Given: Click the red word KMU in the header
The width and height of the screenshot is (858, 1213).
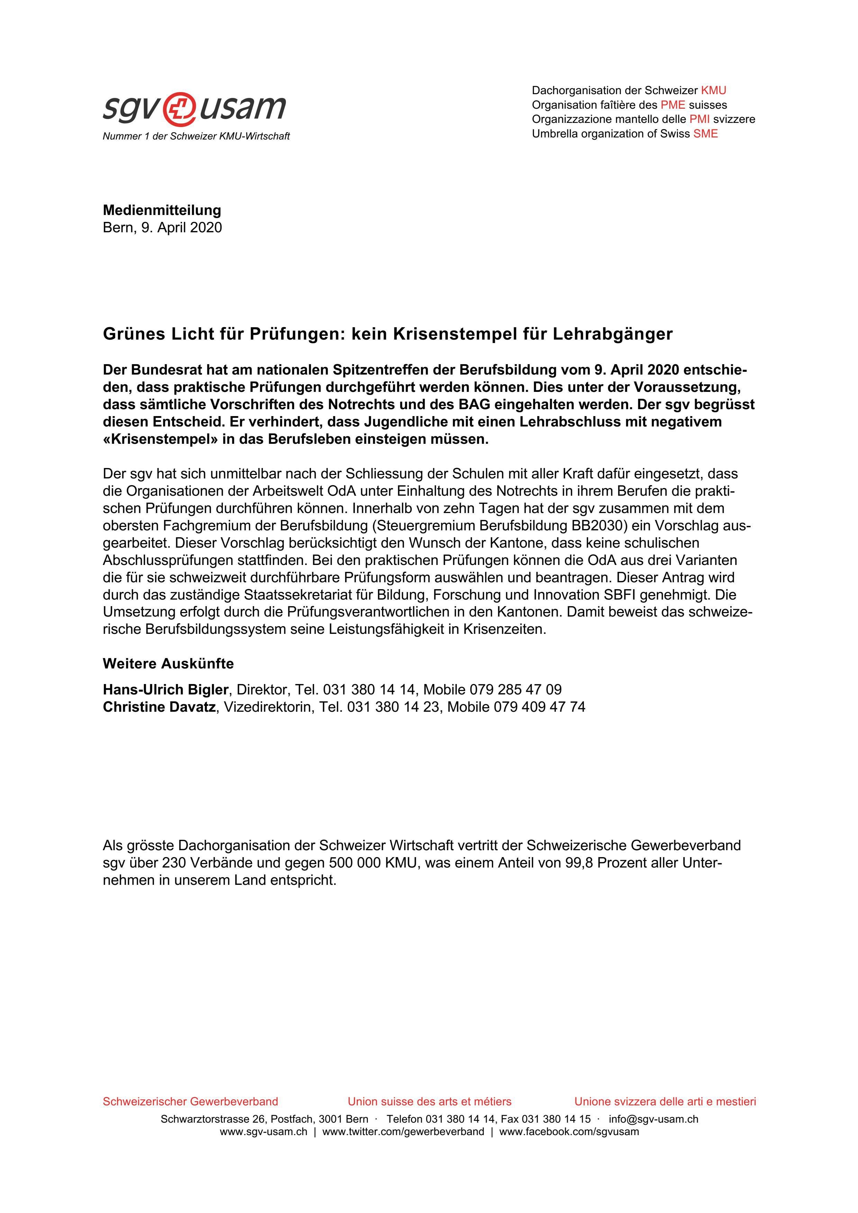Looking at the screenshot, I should (x=713, y=90).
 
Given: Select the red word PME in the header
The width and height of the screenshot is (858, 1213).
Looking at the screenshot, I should (x=672, y=105).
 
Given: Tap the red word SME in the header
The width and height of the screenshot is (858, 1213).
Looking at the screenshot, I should (x=705, y=134).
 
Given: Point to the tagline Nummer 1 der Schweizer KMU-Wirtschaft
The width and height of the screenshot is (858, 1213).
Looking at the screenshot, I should (x=196, y=136).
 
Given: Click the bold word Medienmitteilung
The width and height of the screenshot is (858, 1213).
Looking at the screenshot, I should (x=162, y=210).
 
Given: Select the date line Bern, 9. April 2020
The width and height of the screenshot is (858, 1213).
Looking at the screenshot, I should (x=162, y=228).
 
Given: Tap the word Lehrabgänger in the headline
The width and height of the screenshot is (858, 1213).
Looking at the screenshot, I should (x=613, y=334).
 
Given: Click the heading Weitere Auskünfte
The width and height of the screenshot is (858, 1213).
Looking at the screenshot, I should (x=168, y=664).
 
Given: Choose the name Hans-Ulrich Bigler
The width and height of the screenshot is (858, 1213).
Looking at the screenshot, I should (x=165, y=690).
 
